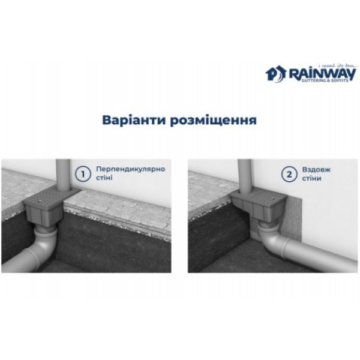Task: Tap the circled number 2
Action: (290, 174)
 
